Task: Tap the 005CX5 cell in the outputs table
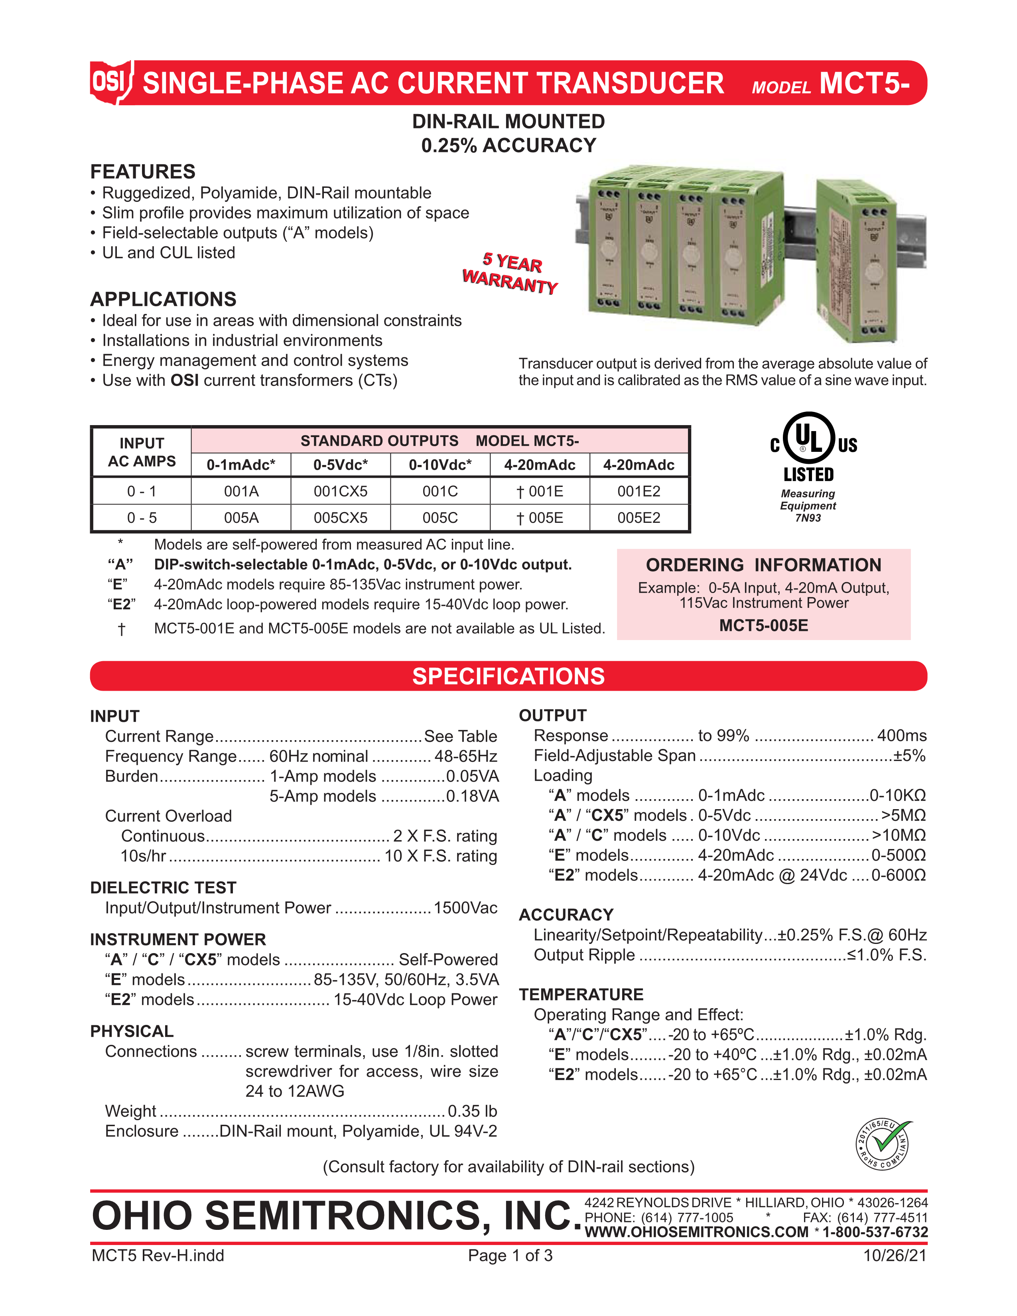click(x=341, y=518)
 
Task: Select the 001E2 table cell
click(x=639, y=491)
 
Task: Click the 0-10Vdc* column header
click(x=440, y=465)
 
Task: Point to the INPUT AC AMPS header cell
click(x=142, y=452)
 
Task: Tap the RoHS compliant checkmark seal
click(x=884, y=1144)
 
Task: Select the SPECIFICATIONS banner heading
click(x=508, y=676)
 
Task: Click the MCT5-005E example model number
click(x=763, y=625)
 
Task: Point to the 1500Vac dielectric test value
click(x=465, y=908)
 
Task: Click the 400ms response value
click(x=901, y=735)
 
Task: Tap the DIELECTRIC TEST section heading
click(x=163, y=888)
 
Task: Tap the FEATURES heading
click(x=143, y=172)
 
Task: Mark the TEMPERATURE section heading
click(x=581, y=994)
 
